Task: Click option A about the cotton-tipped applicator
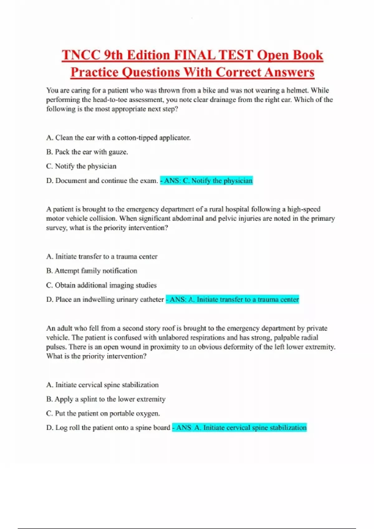tap(118, 138)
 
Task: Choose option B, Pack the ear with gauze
tap(87, 152)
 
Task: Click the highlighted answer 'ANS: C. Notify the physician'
tap(207, 181)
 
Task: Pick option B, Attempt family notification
tap(92, 271)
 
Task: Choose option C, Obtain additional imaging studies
tap(101, 285)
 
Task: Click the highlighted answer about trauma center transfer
tap(232, 300)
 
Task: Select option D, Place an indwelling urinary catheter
tap(105, 300)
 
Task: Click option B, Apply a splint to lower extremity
tap(106, 399)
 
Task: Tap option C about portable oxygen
tap(103, 414)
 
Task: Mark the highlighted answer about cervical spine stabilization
tap(239, 428)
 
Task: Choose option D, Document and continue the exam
tap(102, 181)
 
